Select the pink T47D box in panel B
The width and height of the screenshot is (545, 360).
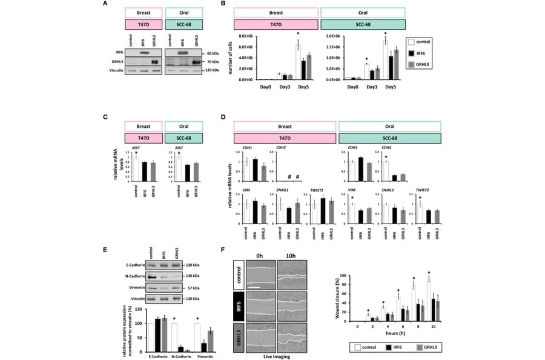276,24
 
